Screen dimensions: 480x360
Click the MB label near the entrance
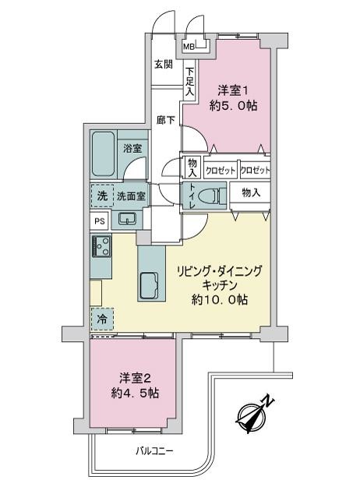[188, 47]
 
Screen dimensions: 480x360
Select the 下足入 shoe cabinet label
[189, 80]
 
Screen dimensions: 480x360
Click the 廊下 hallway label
[164, 120]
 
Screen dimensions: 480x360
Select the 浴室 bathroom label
[131, 147]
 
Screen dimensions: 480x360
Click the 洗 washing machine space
[101, 196]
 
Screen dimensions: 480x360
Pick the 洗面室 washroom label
[131, 196]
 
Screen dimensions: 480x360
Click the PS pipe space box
[99, 221]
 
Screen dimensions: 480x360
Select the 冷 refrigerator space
[101, 319]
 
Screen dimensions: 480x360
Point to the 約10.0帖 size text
[221, 299]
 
